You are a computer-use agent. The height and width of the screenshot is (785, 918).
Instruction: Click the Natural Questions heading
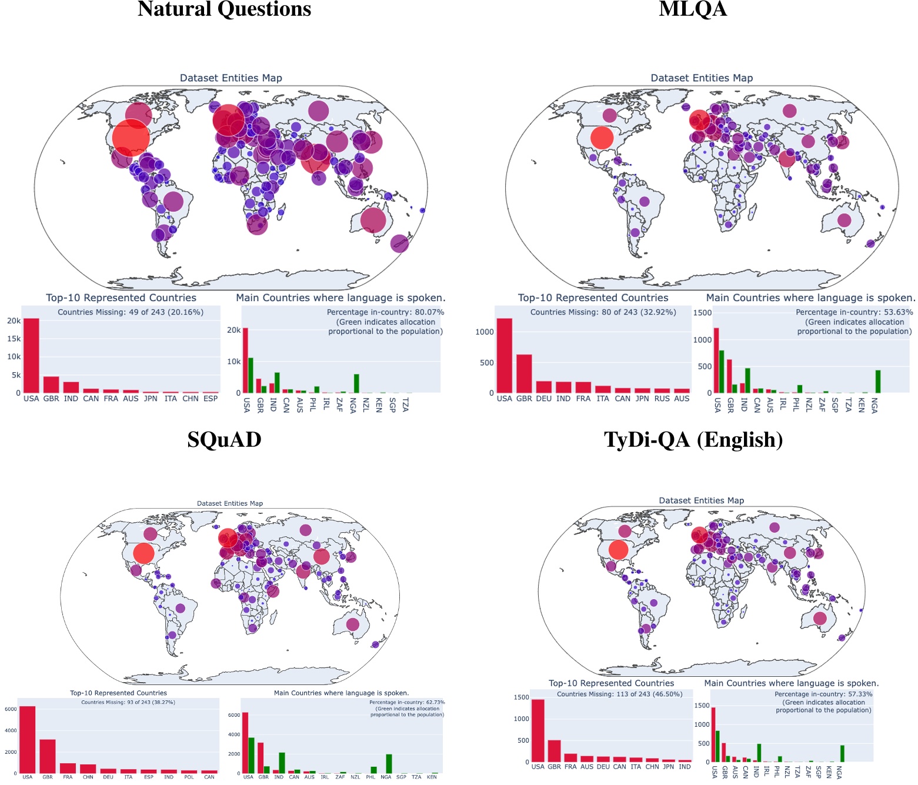tap(224, 9)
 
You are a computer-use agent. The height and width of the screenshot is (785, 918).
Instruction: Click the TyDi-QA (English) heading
tap(693, 440)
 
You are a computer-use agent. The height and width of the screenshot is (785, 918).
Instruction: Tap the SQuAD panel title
tap(224, 440)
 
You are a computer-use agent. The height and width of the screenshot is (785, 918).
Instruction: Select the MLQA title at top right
tap(693, 9)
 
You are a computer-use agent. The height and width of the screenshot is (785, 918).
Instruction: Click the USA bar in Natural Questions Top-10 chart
tap(31, 356)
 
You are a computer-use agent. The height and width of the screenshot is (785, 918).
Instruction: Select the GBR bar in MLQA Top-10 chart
tap(524, 374)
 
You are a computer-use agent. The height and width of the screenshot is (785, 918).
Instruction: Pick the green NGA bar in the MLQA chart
tap(877, 382)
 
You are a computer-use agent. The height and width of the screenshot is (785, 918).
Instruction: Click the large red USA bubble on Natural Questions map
tap(131, 138)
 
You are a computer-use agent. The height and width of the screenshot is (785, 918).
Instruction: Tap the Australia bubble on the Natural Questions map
tap(373, 220)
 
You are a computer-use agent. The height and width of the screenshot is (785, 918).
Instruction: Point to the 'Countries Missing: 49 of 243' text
tap(131, 312)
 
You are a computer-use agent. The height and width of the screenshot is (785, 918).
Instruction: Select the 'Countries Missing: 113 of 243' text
tap(619, 694)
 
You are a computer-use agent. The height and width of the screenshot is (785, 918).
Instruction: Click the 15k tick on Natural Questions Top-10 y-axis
tap(14, 339)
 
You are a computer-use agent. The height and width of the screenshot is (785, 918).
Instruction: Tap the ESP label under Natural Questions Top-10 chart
tap(210, 399)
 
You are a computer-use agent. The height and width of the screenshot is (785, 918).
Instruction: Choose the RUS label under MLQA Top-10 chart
tap(662, 399)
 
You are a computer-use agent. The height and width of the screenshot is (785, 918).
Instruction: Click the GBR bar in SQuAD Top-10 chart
tap(48, 756)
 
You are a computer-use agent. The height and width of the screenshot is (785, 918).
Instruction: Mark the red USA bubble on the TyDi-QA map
tap(618, 549)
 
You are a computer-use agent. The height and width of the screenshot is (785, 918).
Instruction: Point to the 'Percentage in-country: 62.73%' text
tap(407, 702)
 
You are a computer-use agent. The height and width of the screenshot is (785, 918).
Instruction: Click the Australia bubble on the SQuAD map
tap(352, 624)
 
